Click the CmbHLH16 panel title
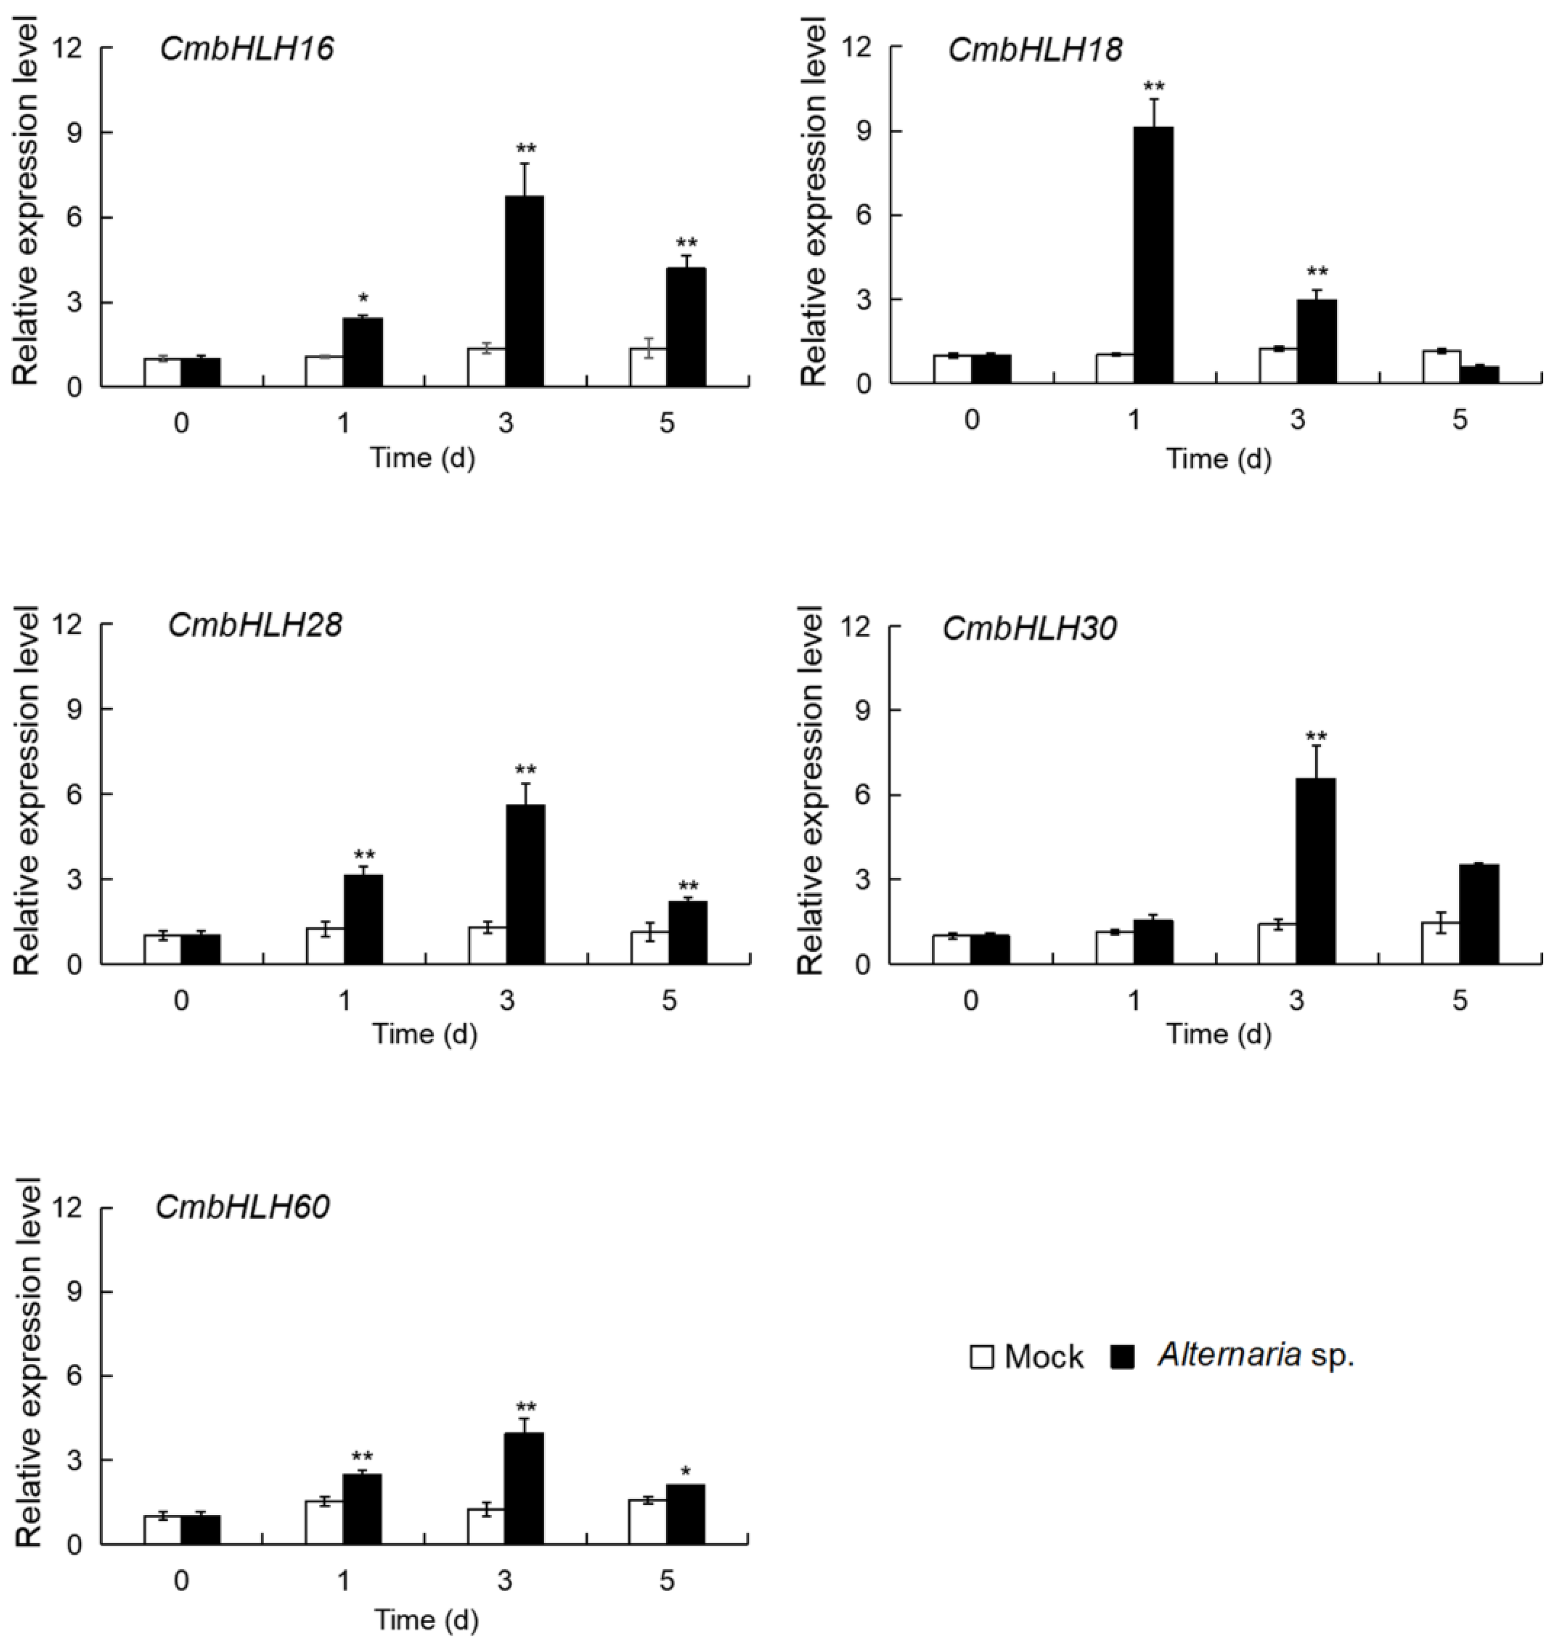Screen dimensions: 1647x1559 [x=247, y=49]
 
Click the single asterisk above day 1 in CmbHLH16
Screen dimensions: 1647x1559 [x=363, y=298]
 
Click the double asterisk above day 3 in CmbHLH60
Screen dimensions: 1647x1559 [x=526, y=1407]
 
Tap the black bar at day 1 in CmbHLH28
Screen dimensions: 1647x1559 [x=363, y=919]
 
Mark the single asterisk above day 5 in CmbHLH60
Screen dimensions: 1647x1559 [x=686, y=1472]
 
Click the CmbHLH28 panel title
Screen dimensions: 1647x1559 [x=255, y=625]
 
